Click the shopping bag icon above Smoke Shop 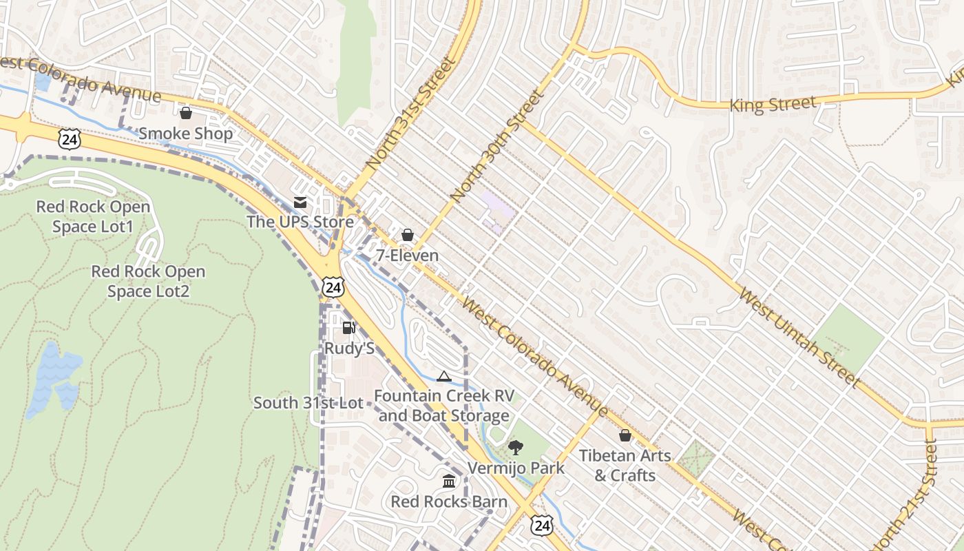185,113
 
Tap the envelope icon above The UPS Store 300,202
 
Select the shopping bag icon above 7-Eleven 408,236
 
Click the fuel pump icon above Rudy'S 349,328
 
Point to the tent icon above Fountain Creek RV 444,376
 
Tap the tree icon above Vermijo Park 515,448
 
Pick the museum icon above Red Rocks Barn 449,481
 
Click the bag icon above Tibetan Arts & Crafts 625,435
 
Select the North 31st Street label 411,114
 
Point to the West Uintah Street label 799,337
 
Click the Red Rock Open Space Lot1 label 93,216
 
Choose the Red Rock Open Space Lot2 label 148,281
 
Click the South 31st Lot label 308,403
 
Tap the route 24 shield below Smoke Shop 70,141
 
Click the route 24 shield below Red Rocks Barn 542,526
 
